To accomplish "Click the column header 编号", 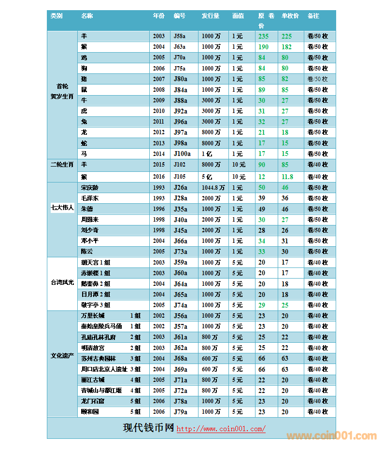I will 180,16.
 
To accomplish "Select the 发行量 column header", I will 211,16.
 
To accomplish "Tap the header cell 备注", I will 313,16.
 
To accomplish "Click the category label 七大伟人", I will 62,209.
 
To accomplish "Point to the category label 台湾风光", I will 62,283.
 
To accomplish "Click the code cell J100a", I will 182,154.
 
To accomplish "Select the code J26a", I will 180,187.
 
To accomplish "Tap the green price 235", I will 263,36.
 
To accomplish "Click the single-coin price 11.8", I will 287,177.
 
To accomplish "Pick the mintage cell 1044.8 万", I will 213,187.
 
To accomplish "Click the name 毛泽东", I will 90,198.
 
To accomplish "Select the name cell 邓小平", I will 90,240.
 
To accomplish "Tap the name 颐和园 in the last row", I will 90,412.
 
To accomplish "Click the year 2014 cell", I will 158,154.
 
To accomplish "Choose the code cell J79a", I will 180,412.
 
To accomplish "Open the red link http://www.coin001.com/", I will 221,429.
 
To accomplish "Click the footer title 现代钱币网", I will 148,428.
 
